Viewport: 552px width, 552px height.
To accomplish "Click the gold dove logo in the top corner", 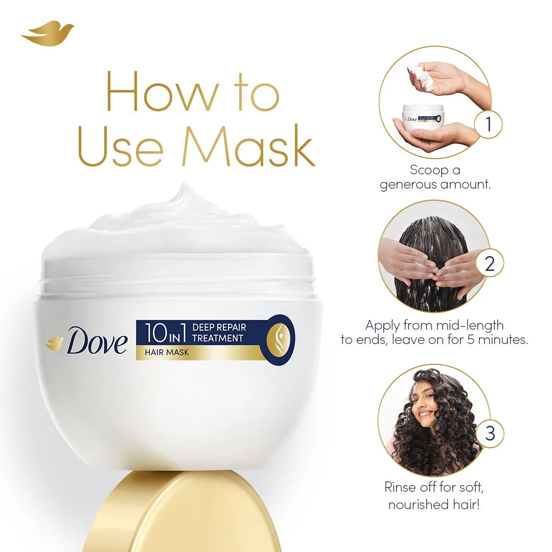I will (x=47, y=33).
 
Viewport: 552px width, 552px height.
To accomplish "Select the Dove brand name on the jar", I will (x=97, y=341).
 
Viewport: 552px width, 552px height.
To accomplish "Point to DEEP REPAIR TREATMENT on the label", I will (x=219, y=332).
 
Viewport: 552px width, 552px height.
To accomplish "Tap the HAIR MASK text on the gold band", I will (x=167, y=352).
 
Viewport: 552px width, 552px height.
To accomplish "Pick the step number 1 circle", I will (x=488, y=125).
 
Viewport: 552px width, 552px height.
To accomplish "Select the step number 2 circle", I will (x=489, y=264).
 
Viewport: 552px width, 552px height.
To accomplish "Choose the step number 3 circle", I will (x=490, y=433).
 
